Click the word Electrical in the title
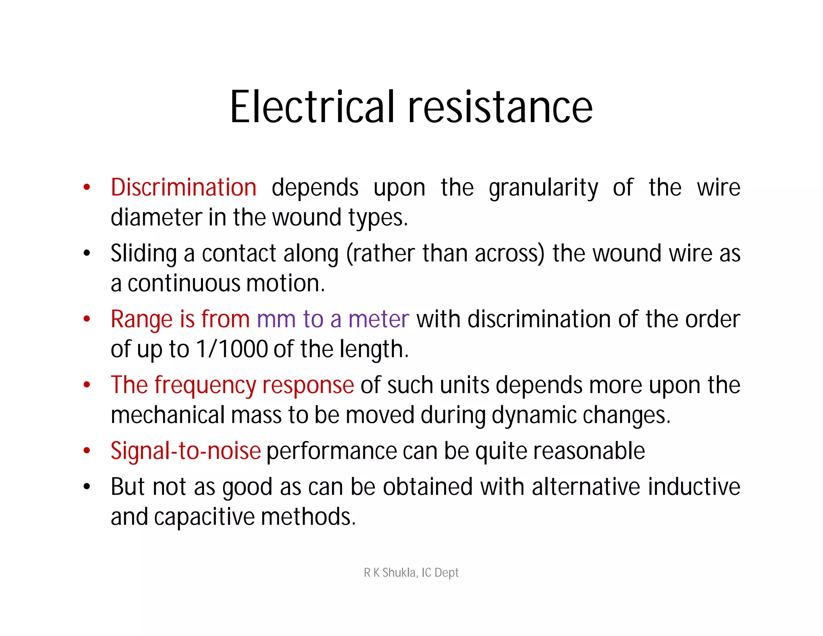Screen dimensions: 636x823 click(x=313, y=107)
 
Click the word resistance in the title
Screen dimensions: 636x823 click(x=500, y=107)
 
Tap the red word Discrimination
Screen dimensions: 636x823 click(x=184, y=188)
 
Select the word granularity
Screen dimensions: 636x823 click(x=543, y=188)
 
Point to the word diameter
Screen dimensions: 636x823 click(x=156, y=217)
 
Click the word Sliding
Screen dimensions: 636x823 click(x=143, y=254)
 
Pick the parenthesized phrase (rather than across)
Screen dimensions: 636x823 click(x=445, y=254)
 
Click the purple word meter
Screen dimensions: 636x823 click(x=379, y=319)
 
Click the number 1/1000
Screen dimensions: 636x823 click(x=232, y=349)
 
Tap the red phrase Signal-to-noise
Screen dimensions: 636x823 click(x=186, y=451)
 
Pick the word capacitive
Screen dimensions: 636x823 click(x=204, y=517)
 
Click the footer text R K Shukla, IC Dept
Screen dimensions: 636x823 click(x=411, y=572)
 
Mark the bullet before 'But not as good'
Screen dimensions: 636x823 click(x=87, y=487)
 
